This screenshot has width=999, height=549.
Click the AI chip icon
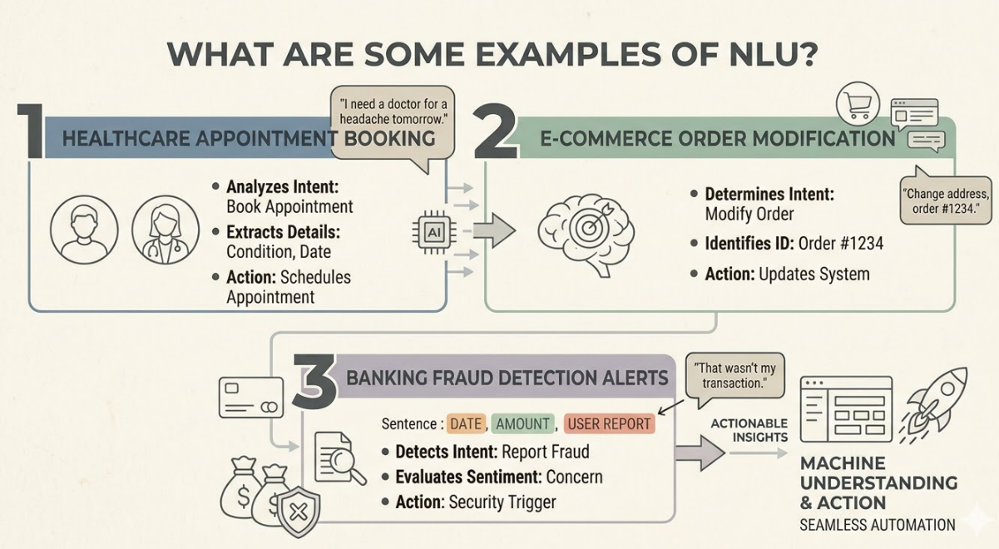pos(433,233)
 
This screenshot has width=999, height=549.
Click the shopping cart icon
pos(858,104)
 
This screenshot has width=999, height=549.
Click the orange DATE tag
pos(466,423)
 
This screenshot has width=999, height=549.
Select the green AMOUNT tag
pos(522,423)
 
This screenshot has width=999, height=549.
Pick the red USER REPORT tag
pos(610,423)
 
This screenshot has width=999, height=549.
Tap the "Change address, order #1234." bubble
pos(946,199)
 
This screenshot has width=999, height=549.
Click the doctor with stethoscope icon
pos(165,230)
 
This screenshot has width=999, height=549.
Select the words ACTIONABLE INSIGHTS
pos(749,430)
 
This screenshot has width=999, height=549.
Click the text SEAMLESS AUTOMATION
pos(877,525)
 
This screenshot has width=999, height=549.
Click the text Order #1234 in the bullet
pos(840,244)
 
